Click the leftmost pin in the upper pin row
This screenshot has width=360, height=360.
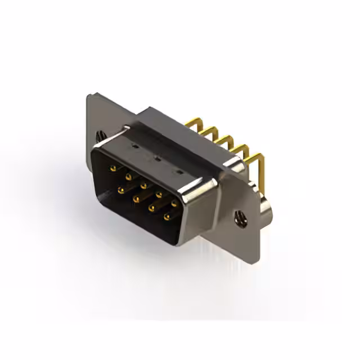point(113,168)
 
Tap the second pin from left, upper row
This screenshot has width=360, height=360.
point(128,176)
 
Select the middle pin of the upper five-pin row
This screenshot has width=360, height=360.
point(143,185)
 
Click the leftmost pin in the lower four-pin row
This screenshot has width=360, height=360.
point(120,190)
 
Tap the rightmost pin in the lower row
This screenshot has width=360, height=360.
point(166,216)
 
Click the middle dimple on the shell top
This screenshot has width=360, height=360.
point(157,159)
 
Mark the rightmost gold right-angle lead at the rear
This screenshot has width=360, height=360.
point(257,157)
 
